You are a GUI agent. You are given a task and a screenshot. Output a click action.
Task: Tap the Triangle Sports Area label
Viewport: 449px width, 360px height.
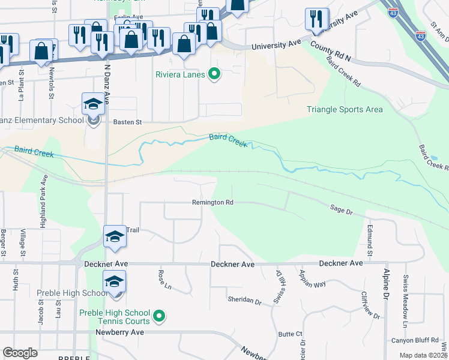tap(345, 109)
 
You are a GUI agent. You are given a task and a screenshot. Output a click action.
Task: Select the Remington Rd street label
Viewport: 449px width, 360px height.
tap(212, 203)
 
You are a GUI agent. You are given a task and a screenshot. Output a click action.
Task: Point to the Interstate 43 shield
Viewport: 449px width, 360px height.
tap(393, 11)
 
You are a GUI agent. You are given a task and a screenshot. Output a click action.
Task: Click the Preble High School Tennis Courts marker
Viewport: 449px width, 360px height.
tap(159, 316)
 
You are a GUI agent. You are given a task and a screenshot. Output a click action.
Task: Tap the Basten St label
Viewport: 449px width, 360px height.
tap(127, 122)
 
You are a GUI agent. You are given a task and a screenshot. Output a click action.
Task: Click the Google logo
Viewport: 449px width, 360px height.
tap(20, 353)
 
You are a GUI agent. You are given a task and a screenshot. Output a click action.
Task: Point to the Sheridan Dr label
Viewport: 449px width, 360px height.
tap(244, 301)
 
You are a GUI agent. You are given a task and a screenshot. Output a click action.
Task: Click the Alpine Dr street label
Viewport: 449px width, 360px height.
tap(386, 284)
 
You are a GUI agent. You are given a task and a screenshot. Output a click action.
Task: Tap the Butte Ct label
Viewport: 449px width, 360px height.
tap(290, 334)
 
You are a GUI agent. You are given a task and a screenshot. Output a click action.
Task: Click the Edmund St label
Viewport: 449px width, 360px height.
tap(370, 237)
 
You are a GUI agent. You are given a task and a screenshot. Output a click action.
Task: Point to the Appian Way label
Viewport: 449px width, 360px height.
tap(312, 278)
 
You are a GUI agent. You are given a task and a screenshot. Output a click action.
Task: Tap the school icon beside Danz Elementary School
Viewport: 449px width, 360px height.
tap(93, 104)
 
